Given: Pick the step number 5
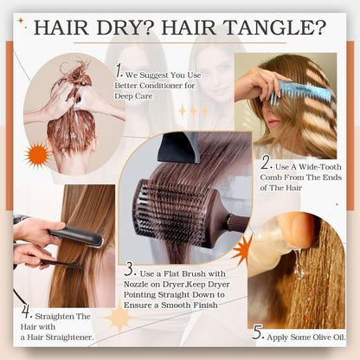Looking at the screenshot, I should pyautogui.click(x=256, y=331).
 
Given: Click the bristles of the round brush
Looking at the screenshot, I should pyautogui.click(x=186, y=208).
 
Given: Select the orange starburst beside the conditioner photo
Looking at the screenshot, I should pyautogui.click(x=38, y=156).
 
